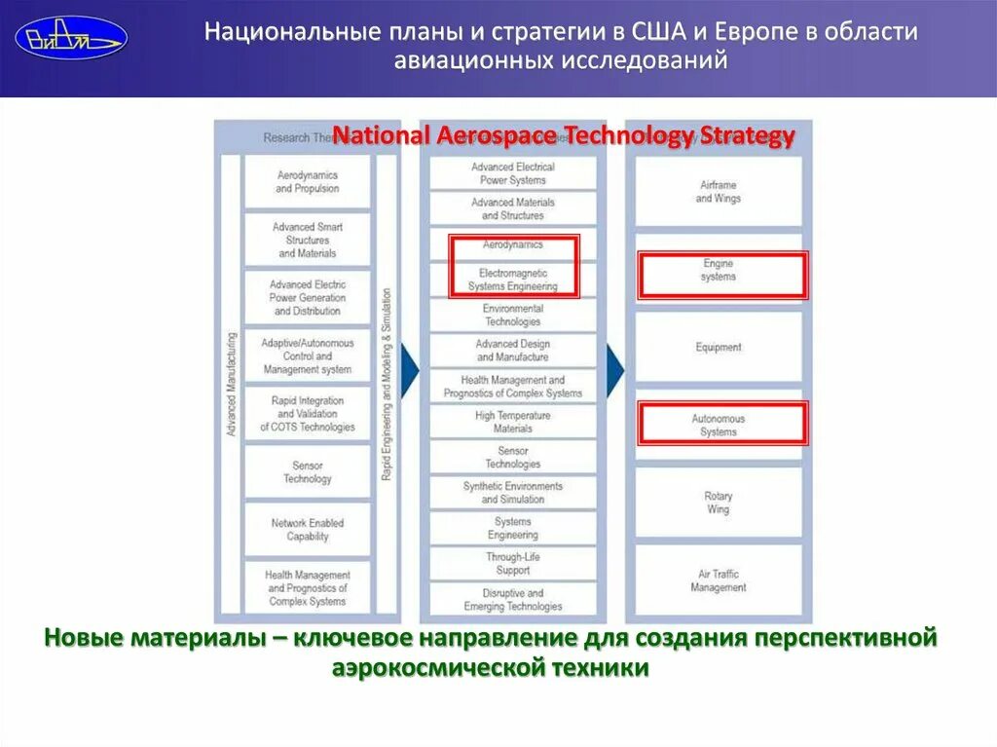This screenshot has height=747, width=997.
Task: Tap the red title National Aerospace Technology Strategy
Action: point(564,135)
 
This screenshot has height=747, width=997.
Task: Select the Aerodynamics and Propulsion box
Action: point(307,181)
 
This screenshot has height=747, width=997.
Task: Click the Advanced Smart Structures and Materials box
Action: point(307,240)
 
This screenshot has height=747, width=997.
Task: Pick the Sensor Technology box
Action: point(307,472)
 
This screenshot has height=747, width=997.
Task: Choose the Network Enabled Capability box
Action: point(307,530)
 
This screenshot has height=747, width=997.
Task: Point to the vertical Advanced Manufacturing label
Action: point(232,384)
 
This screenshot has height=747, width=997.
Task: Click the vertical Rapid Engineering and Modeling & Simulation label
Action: point(387,384)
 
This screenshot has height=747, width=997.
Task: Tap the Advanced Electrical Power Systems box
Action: point(513,173)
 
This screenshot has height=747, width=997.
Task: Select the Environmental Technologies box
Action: point(512,315)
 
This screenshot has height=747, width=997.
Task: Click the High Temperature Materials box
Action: point(512,422)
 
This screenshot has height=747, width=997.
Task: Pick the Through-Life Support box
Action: point(512,563)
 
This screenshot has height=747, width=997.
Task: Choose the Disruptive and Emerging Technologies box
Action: point(512,599)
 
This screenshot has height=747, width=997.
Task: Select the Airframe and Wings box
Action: point(719,192)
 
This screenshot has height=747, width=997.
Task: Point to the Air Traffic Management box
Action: point(719,580)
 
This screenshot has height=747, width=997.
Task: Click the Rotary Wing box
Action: point(719,503)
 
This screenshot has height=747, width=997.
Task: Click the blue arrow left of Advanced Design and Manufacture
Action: point(410,367)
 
